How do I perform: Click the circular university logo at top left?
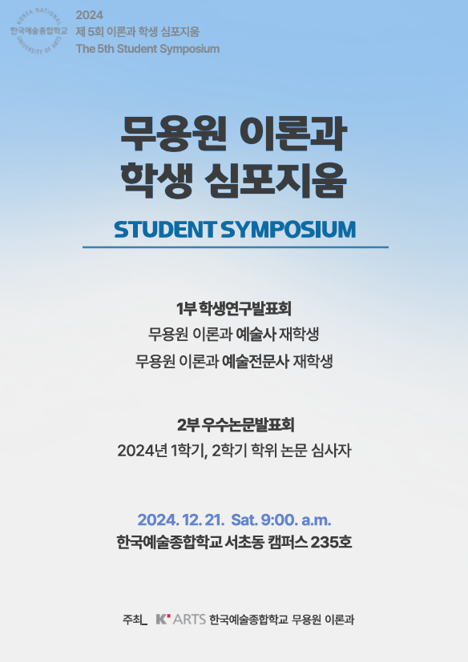38,31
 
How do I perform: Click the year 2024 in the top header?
89,15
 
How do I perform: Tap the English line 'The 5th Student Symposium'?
147,49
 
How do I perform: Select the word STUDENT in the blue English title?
165,229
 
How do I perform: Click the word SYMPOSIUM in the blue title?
288,229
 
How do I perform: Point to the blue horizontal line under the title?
235,247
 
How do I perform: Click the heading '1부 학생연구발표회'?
234,309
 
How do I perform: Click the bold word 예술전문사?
256,361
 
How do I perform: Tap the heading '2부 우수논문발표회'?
236,425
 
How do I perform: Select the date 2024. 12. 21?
180,520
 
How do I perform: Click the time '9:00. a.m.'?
296,520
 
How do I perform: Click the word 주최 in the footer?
132,620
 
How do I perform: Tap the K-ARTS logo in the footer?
181,620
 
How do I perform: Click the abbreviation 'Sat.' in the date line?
244,520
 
